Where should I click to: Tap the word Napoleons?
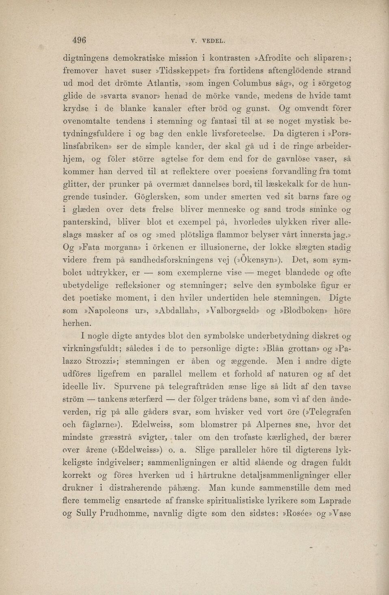pyautogui.click(x=108, y=311)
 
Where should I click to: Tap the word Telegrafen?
pyautogui.click(x=330, y=411)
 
